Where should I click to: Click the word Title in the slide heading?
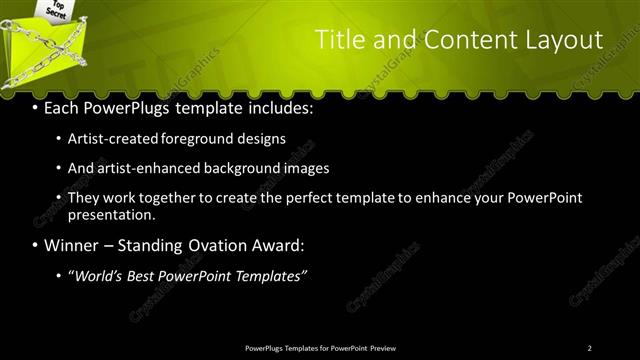click(340, 40)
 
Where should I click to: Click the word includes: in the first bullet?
click(280, 107)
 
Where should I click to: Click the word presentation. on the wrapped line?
click(111, 214)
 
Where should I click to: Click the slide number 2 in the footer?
click(590, 348)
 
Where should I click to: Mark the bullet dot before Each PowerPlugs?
click(36, 107)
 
